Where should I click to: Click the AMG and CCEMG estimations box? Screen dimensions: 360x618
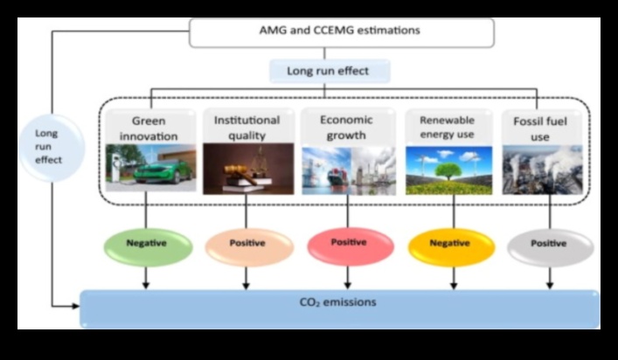(x=341, y=31)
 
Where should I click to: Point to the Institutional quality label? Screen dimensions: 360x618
(x=247, y=128)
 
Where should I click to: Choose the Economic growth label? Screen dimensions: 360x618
(x=347, y=128)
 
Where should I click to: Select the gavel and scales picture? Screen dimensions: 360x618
(x=247, y=169)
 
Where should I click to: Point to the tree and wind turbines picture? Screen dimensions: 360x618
(x=449, y=170)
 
